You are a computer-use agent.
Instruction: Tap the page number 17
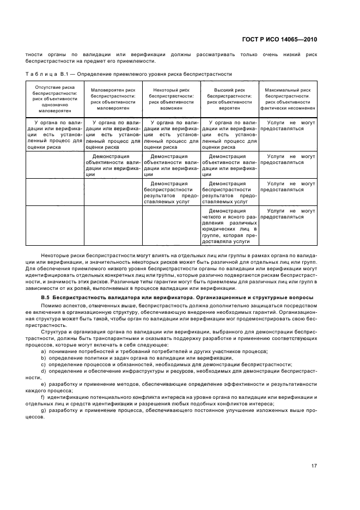point(314,465)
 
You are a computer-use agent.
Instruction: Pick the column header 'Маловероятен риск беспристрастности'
point(113,98)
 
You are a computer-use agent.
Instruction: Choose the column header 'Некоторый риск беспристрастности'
point(172,98)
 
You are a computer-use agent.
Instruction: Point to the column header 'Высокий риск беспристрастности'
point(230,98)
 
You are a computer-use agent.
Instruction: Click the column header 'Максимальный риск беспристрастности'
point(288,98)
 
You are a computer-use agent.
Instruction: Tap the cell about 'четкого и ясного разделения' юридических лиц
point(230,225)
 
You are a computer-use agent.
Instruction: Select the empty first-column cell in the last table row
point(55,225)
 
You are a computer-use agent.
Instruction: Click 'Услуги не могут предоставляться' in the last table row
point(288,213)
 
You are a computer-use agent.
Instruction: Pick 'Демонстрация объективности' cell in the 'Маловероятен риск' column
point(113,165)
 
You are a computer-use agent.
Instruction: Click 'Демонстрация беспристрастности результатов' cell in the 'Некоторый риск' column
point(172,192)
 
